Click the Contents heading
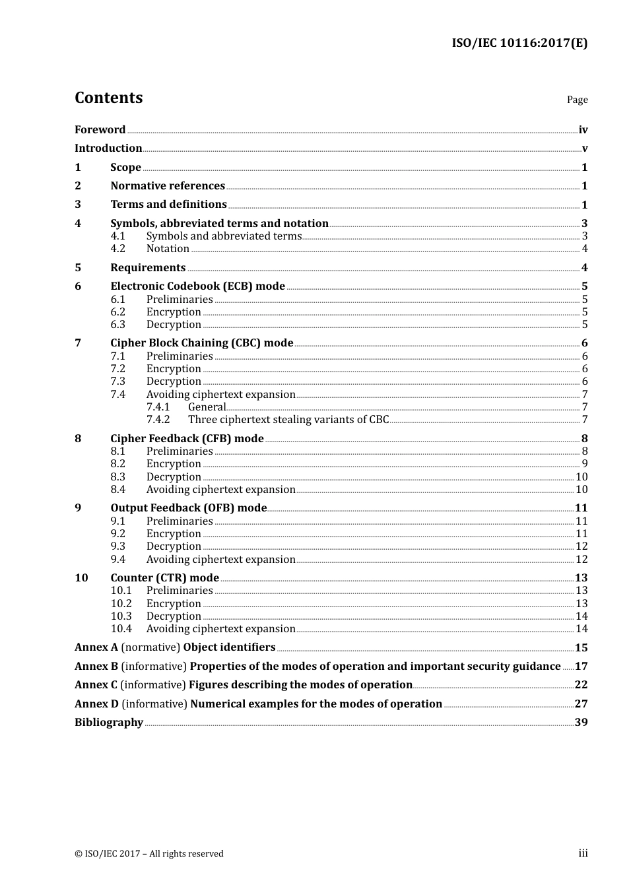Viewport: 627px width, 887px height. (108, 98)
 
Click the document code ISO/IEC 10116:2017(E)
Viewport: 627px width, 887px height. (519, 43)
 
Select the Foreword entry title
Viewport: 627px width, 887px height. (100, 129)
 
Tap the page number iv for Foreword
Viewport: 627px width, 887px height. (583, 130)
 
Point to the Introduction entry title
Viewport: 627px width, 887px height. (108, 148)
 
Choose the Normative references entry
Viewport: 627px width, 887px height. (168, 185)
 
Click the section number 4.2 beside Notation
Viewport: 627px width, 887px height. (117, 249)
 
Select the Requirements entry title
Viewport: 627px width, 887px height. (148, 267)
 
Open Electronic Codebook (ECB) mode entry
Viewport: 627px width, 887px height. (197, 286)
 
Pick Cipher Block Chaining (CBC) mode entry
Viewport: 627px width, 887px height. (201, 343)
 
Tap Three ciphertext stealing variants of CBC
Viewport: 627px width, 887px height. (288, 420)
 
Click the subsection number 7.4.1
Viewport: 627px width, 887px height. (158, 407)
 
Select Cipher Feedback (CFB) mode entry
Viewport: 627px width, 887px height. (187, 438)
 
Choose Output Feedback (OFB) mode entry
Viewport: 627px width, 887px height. (188, 508)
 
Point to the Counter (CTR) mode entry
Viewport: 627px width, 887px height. (164, 577)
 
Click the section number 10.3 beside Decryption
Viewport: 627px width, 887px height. (121, 616)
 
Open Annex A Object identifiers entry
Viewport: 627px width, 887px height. (175, 647)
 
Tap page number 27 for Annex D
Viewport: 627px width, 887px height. (581, 704)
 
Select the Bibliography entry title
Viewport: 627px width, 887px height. (109, 722)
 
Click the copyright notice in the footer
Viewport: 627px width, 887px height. (149, 853)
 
